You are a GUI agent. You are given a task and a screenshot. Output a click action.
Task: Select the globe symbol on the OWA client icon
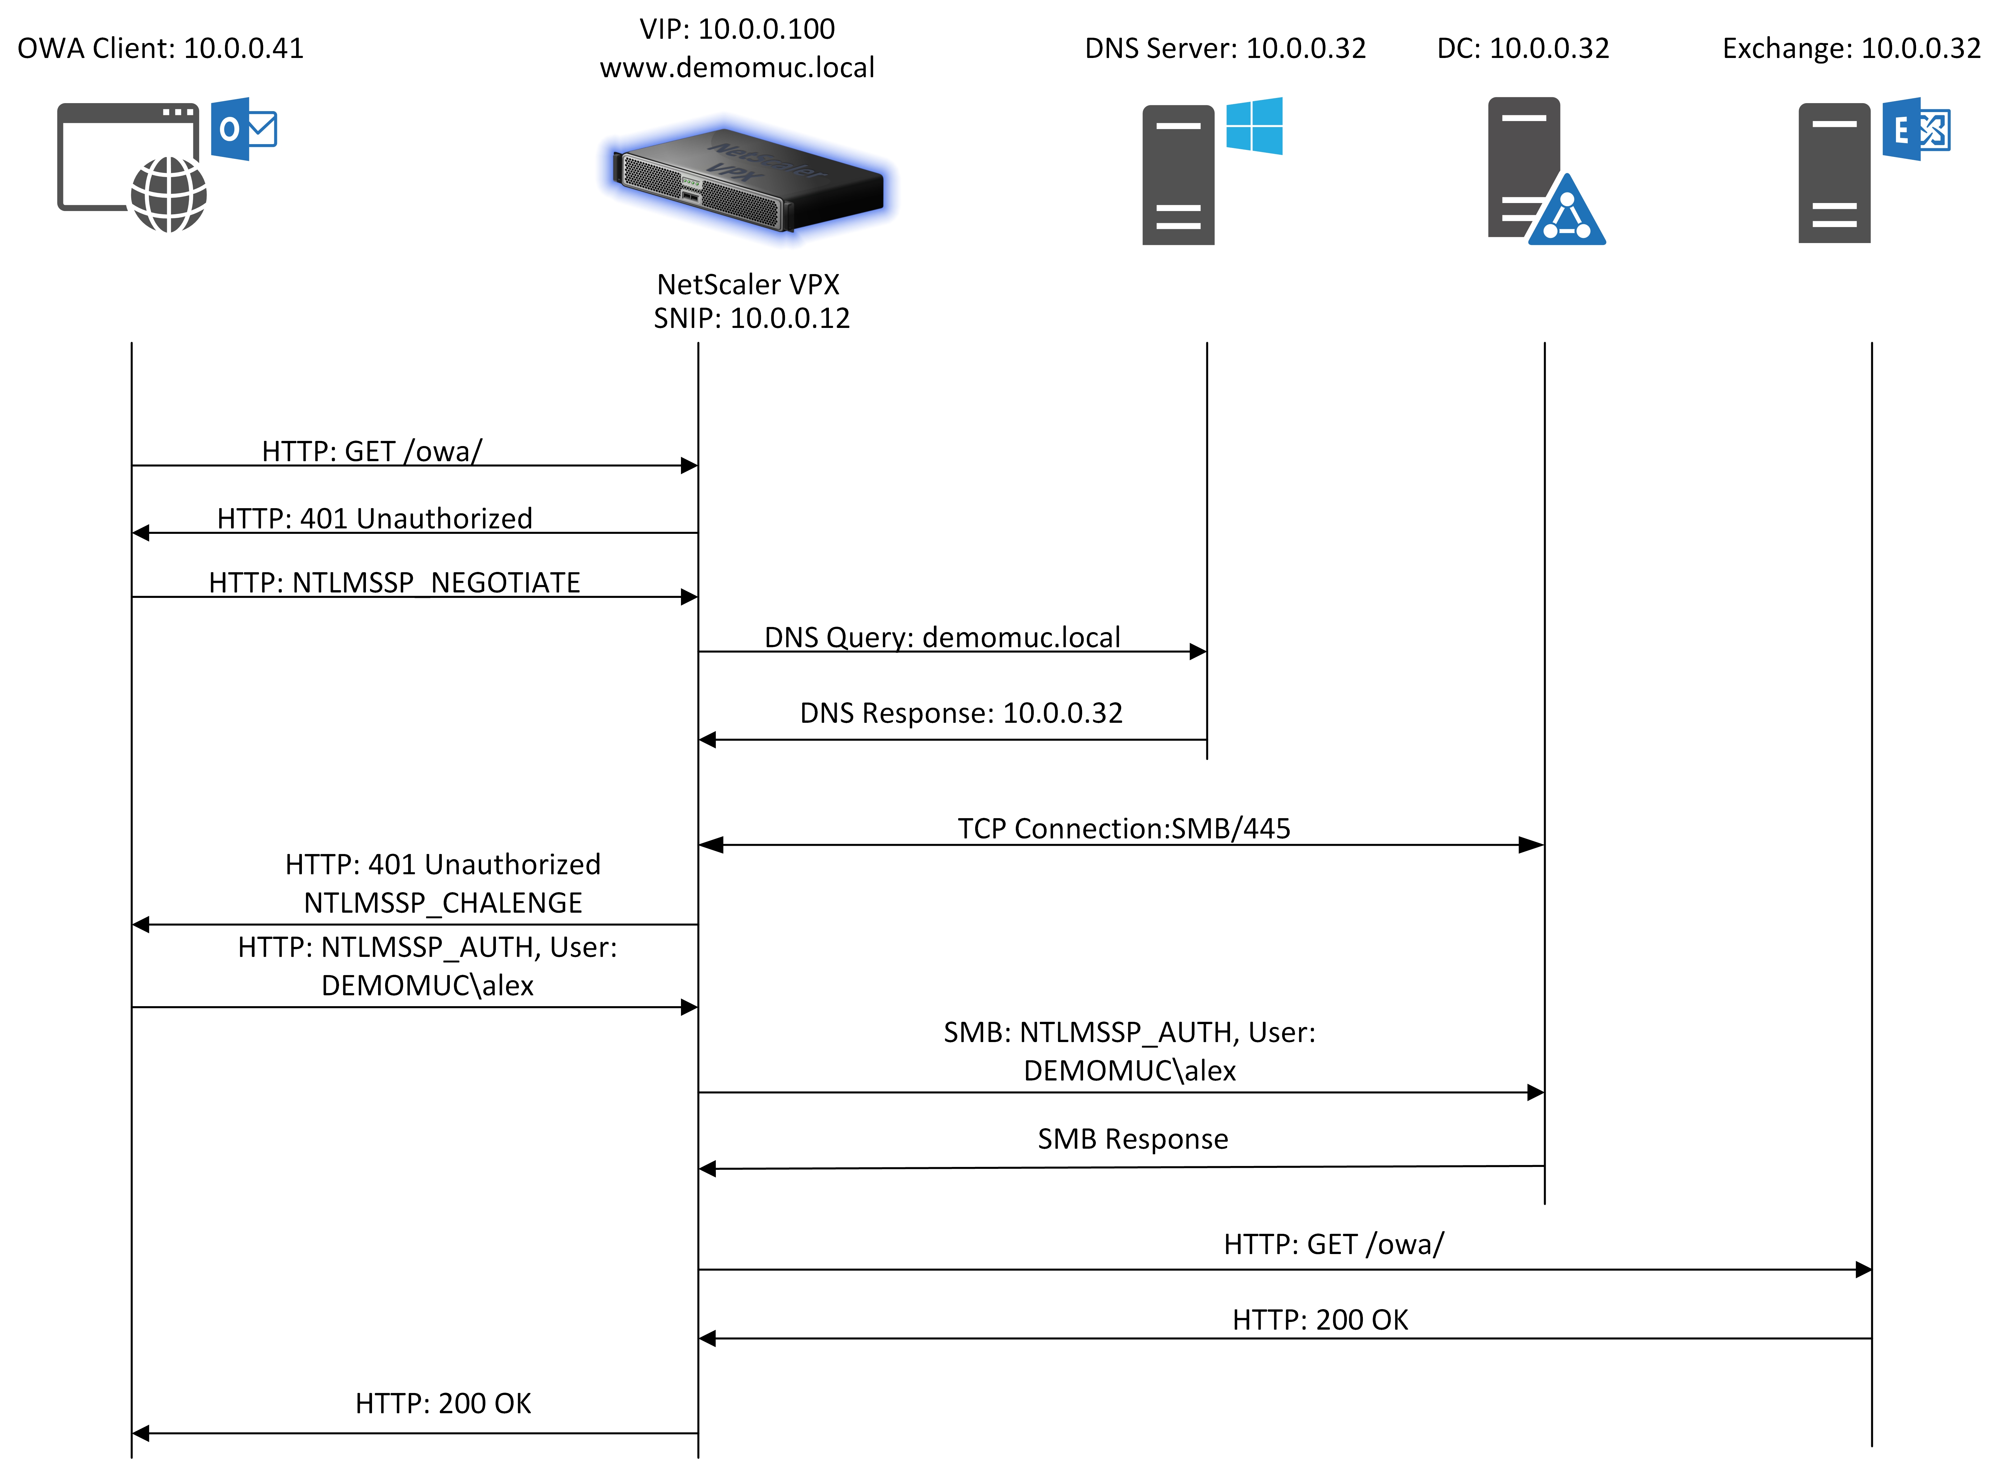click(x=169, y=194)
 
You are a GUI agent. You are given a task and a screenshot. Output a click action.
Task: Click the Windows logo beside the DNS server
click(x=1254, y=126)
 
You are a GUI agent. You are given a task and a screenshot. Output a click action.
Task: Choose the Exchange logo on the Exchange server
click(x=1916, y=129)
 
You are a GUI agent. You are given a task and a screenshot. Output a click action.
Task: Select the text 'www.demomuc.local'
click(x=737, y=67)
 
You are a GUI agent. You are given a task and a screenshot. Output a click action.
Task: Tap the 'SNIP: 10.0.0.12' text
click(x=751, y=318)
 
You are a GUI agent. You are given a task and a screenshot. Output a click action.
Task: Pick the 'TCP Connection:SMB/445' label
click(x=1124, y=828)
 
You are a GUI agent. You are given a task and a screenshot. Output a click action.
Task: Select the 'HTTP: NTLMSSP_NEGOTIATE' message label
click(x=395, y=583)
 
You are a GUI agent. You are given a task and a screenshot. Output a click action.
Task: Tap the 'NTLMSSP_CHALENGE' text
click(x=443, y=903)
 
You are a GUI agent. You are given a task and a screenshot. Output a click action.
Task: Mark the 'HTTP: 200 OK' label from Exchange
click(x=1320, y=1319)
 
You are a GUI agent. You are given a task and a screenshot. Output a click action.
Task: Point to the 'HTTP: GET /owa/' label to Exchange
click(x=1333, y=1244)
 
